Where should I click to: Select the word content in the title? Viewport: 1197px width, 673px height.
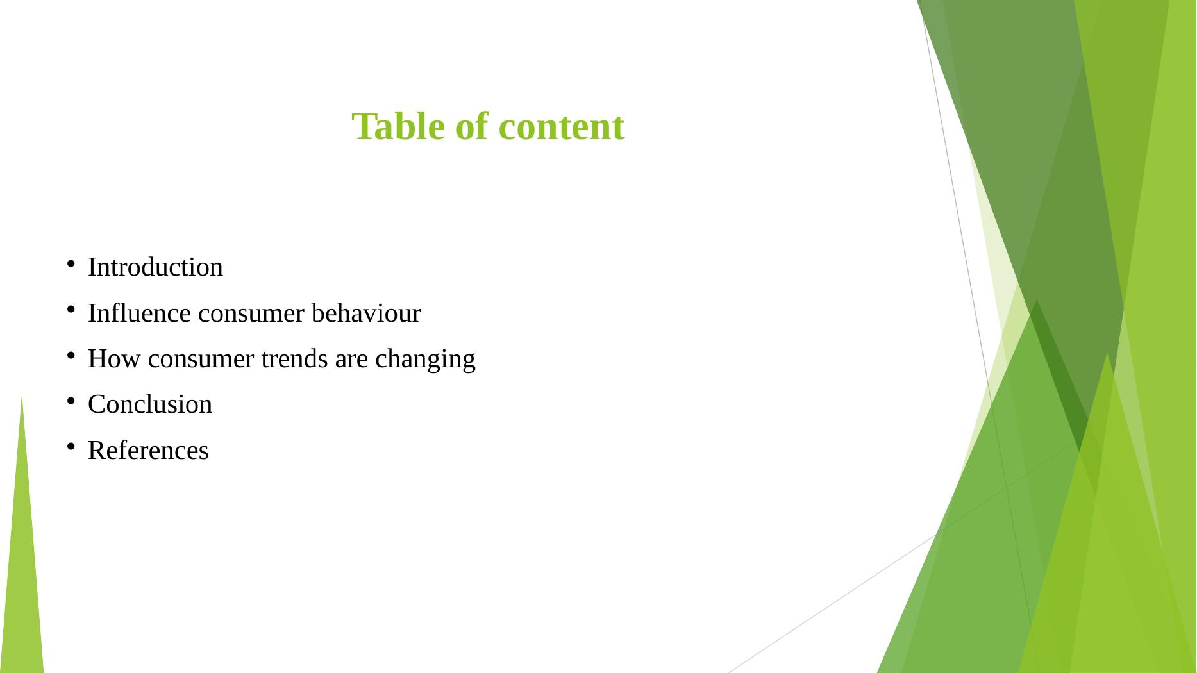[x=561, y=127]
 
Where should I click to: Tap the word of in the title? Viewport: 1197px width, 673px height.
[x=472, y=126]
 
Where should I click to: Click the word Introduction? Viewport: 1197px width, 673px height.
[x=155, y=267]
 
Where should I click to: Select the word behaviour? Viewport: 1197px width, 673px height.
[x=366, y=313]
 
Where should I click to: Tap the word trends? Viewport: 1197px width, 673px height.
[x=294, y=359]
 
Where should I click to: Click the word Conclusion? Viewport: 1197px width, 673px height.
[x=150, y=404]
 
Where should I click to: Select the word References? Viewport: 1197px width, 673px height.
[x=148, y=451]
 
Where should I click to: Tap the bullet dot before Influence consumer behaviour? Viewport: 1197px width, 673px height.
[x=71, y=310]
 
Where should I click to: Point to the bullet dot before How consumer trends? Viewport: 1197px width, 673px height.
[x=71, y=355]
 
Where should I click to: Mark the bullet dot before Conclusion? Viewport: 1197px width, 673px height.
[x=71, y=401]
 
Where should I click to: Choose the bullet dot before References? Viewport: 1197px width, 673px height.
[x=71, y=447]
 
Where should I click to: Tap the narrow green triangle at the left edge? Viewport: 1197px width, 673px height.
[x=22, y=564]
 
